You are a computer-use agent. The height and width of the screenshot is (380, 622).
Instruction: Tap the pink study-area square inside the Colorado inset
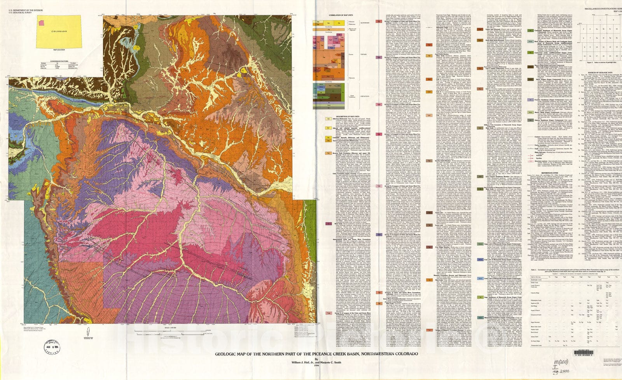coord(40,23)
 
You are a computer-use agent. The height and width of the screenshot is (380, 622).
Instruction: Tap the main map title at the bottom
coord(317,354)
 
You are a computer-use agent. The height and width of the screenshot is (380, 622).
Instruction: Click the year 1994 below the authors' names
coord(317,368)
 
